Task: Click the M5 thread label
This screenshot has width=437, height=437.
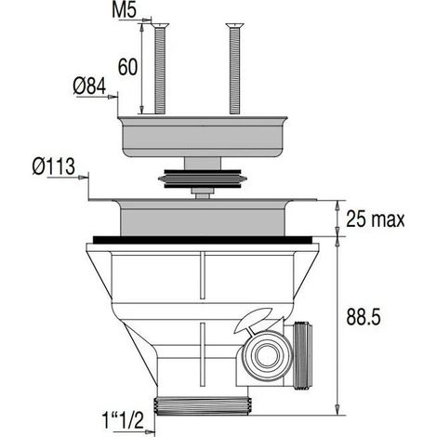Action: [124, 11]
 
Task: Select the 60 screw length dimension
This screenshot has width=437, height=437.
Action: [127, 67]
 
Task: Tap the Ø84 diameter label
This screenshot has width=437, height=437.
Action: [89, 86]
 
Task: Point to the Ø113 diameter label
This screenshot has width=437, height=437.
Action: [54, 166]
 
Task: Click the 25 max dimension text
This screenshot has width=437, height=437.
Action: [376, 218]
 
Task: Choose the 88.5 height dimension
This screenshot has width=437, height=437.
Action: [364, 317]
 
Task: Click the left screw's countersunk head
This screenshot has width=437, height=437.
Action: [160, 26]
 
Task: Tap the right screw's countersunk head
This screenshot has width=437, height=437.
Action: [235, 26]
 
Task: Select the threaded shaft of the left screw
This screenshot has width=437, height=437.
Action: [160, 71]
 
